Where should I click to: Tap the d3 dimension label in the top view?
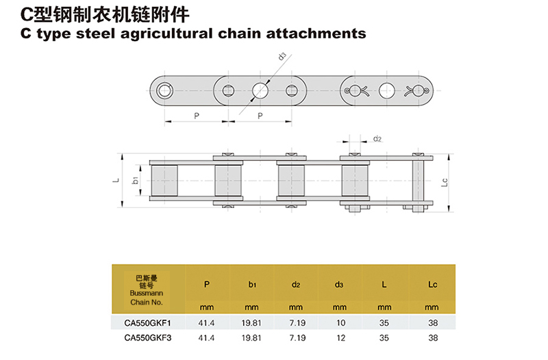(x=282, y=56)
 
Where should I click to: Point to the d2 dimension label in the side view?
(x=377, y=139)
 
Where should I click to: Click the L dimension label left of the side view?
(x=117, y=180)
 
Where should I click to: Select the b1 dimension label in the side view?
(x=136, y=180)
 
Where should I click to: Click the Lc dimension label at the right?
(x=444, y=182)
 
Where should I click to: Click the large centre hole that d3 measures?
(x=260, y=90)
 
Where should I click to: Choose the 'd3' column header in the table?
(x=340, y=283)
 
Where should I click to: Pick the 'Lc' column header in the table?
(x=432, y=283)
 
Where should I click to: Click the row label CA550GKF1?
(x=147, y=322)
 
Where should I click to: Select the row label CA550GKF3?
(x=147, y=337)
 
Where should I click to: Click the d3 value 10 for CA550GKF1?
(x=340, y=322)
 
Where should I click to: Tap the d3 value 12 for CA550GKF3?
(x=340, y=337)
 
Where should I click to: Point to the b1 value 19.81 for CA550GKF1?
(x=251, y=322)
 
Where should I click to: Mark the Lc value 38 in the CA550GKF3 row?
(x=432, y=337)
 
